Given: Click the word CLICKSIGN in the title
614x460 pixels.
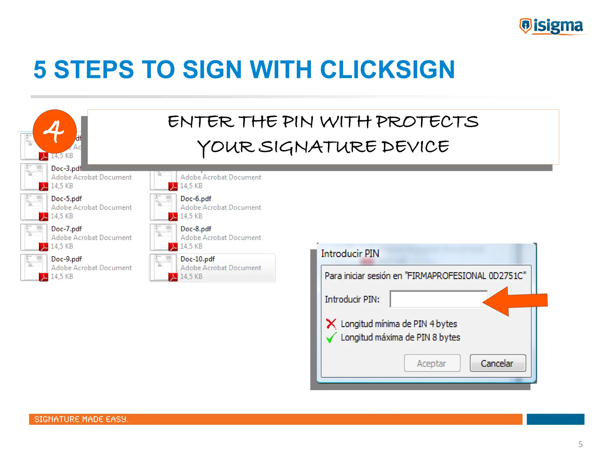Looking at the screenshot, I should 387,70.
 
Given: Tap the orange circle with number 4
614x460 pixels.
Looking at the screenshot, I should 55,131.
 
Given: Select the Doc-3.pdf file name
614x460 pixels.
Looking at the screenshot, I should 66,168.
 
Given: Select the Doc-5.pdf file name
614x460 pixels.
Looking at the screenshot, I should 66,199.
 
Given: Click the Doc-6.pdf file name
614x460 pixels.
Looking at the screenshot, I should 196,199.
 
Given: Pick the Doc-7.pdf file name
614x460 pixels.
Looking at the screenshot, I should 66,229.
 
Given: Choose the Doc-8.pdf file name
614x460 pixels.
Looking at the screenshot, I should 196,229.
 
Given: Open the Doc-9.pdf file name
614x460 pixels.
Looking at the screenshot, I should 66,259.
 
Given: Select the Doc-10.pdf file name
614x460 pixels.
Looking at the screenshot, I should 198,259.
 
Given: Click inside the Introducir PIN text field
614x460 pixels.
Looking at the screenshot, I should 438,299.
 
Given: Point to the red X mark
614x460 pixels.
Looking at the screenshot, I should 331,324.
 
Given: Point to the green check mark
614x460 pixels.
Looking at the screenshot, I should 331,338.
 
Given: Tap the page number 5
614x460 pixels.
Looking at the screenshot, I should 580,444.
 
